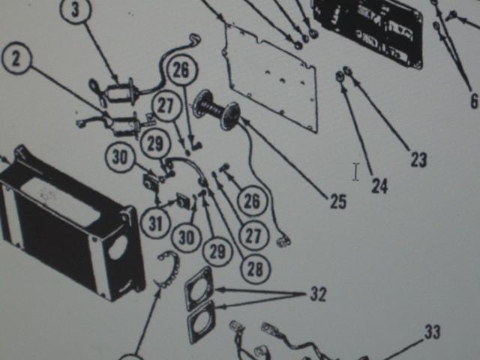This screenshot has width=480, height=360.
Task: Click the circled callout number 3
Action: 75,10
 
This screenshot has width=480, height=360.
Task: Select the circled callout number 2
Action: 16,59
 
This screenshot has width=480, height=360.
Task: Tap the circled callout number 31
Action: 155,223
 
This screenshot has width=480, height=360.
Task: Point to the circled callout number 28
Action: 255,268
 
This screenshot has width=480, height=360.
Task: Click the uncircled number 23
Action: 418,159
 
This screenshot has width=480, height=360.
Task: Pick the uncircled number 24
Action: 379,185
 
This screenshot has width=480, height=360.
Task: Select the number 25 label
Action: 338,202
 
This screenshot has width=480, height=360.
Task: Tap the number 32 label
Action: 318,294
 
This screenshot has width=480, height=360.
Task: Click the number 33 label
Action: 432,331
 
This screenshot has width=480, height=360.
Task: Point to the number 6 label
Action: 474,100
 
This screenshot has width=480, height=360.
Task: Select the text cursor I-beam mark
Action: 355,172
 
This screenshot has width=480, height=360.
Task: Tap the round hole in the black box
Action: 118,246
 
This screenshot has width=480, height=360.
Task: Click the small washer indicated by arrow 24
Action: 340,76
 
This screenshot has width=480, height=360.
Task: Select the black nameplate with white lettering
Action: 369,29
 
